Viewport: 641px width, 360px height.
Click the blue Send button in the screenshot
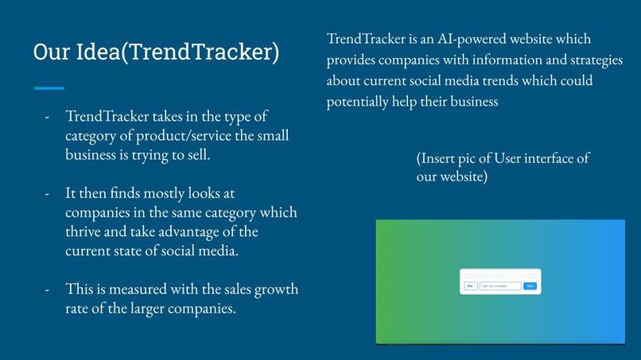click(x=530, y=286)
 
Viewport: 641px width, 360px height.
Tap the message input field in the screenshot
click(x=500, y=286)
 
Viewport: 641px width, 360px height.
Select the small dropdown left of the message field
click(x=470, y=286)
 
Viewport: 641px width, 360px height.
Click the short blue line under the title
click(x=49, y=88)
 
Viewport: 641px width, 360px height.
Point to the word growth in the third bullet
click(x=277, y=289)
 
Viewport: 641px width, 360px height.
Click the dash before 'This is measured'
click(x=48, y=289)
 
